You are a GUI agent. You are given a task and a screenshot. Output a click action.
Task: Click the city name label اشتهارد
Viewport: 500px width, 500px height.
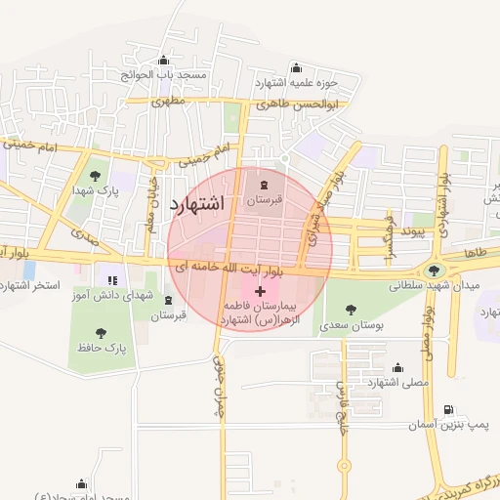(x=196, y=203)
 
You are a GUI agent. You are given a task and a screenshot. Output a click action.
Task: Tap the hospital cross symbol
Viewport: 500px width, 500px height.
(x=260, y=292)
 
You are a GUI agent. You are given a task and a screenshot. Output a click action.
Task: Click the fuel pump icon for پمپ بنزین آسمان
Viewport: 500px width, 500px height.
(x=448, y=410)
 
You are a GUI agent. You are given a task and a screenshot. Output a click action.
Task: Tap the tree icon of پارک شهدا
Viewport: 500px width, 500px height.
(x=94, y=177)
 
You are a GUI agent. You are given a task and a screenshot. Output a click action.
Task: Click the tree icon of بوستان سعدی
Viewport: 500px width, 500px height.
(x=351, y=310)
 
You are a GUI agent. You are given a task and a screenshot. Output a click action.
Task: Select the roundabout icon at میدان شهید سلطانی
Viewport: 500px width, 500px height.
(x=433, y=271)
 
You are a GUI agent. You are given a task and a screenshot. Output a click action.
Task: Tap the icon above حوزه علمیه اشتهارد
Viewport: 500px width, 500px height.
(x=296, y=68)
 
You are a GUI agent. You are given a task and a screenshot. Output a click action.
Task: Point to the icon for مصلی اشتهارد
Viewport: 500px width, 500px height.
(x=397, y=368)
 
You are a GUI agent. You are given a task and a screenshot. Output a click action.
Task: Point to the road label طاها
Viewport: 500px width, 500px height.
(x=475, y=252)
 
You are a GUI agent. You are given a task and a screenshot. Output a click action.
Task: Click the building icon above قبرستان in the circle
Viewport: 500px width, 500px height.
(x=263, y=183)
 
